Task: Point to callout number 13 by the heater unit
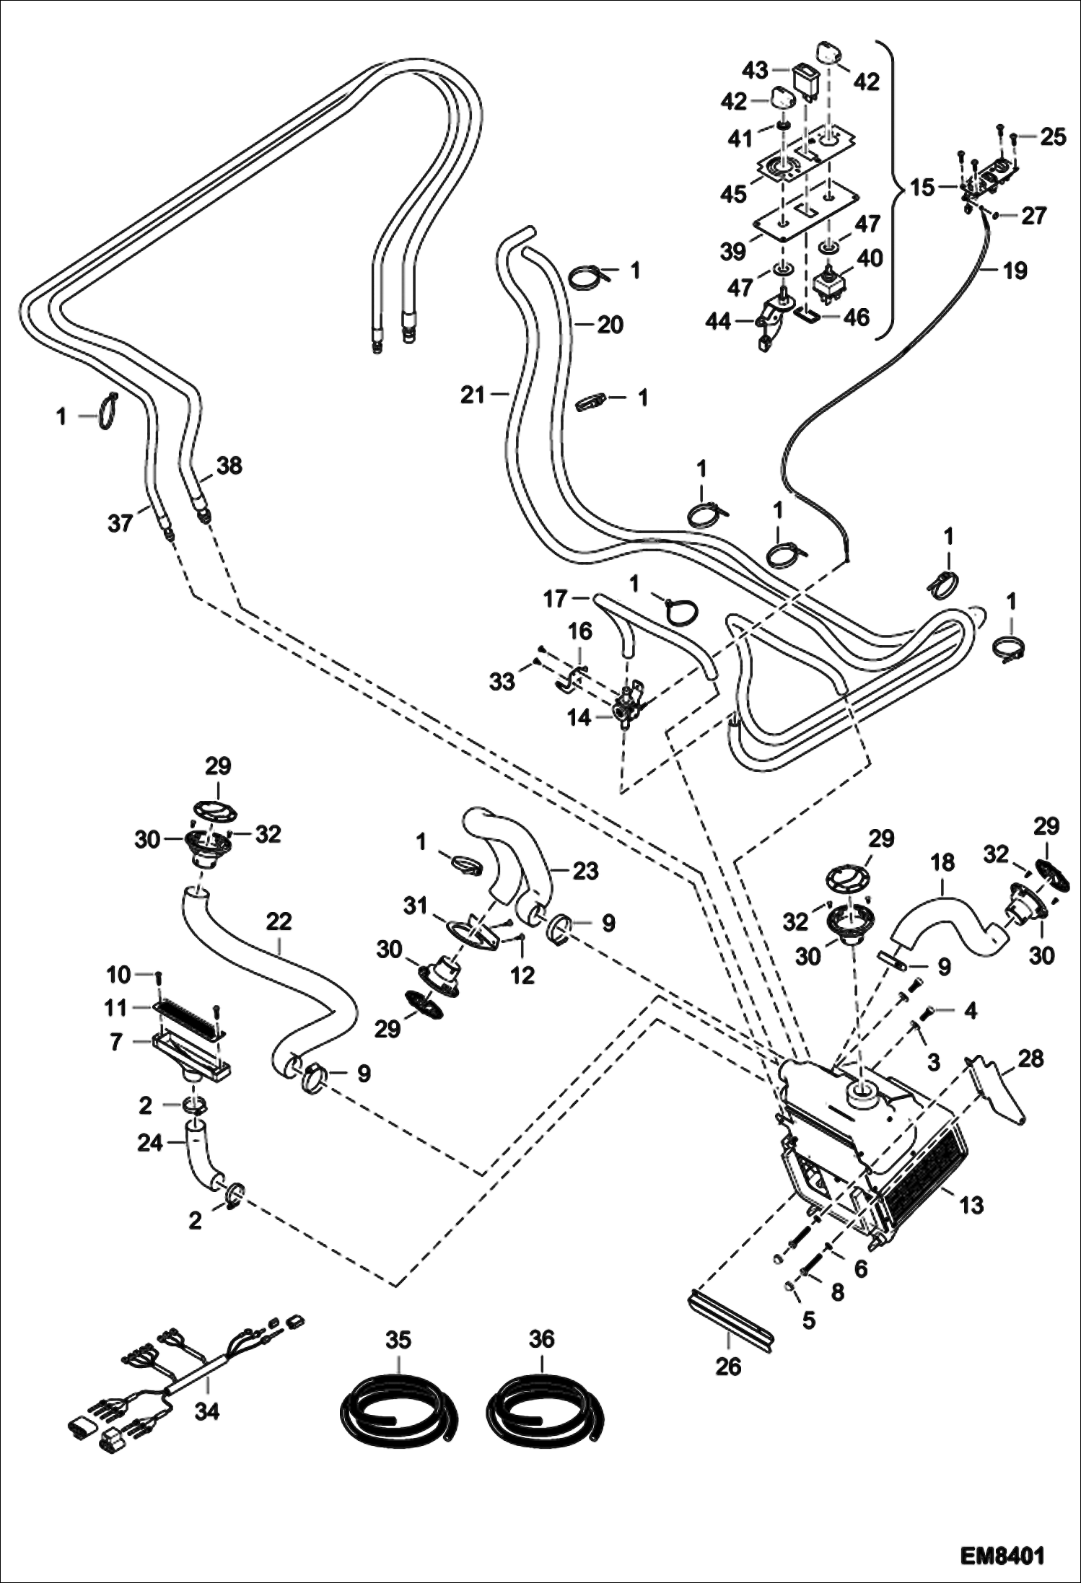(x=972, y=1204)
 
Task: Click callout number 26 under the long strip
(x=728, y=1366)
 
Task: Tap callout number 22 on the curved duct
(x=279, y=921)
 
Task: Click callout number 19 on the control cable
(x=1015, y=271)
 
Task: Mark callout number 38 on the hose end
(x=229, y=465)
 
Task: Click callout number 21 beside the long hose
(x=473, y=395)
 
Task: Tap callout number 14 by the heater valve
(x=579, y=717)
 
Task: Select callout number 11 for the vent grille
(x=116, y=1008)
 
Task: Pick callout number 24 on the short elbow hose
(x=150, y=1143)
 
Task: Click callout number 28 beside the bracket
(x=1031, y=1059)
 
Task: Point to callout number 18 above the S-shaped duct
(x=942, y=863)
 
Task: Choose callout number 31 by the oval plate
(x=416, y=905)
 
